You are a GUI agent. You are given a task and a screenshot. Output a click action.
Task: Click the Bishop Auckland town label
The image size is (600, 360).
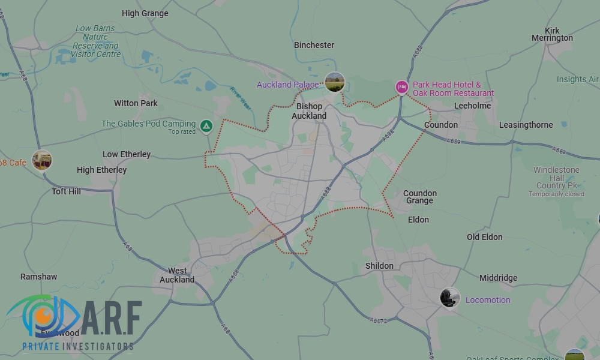click(309, 111)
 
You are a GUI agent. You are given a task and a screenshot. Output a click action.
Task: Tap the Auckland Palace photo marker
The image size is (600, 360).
click(334, 82)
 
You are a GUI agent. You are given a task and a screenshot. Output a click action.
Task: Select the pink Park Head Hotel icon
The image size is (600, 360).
click(402, 88)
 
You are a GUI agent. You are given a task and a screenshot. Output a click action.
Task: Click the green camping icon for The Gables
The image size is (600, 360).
click(206, 126)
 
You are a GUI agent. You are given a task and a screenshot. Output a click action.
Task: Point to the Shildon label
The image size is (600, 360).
click(379, 266)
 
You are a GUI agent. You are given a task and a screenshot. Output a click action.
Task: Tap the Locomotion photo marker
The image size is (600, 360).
click(449, 298)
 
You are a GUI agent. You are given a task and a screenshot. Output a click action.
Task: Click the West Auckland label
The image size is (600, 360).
click(177, 275)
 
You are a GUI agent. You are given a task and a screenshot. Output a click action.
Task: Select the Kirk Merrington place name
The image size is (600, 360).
click(552, 34)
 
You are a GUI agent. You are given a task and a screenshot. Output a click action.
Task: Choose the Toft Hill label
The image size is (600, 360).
click(66, 191)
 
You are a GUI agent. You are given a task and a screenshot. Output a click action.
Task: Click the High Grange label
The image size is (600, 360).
click(145, 13)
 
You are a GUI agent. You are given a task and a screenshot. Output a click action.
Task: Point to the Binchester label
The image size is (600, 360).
click(314, 45)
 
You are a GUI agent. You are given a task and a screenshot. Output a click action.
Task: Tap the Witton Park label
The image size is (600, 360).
click(136, 103)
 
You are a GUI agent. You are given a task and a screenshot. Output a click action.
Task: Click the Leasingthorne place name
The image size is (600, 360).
click(526, 125)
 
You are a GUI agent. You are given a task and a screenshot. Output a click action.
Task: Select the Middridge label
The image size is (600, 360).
click(498, 278)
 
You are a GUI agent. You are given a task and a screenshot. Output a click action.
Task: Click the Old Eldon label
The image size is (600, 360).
click(484, 237)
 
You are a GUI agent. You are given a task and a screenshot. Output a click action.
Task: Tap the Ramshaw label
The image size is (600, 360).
click(38, 277)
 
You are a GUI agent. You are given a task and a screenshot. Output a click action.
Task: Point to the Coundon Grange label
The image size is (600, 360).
click(419, 197)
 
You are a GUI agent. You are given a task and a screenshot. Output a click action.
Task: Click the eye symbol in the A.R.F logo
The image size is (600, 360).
click(42, 316)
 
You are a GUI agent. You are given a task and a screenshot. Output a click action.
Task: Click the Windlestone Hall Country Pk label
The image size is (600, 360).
click(556, 178)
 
